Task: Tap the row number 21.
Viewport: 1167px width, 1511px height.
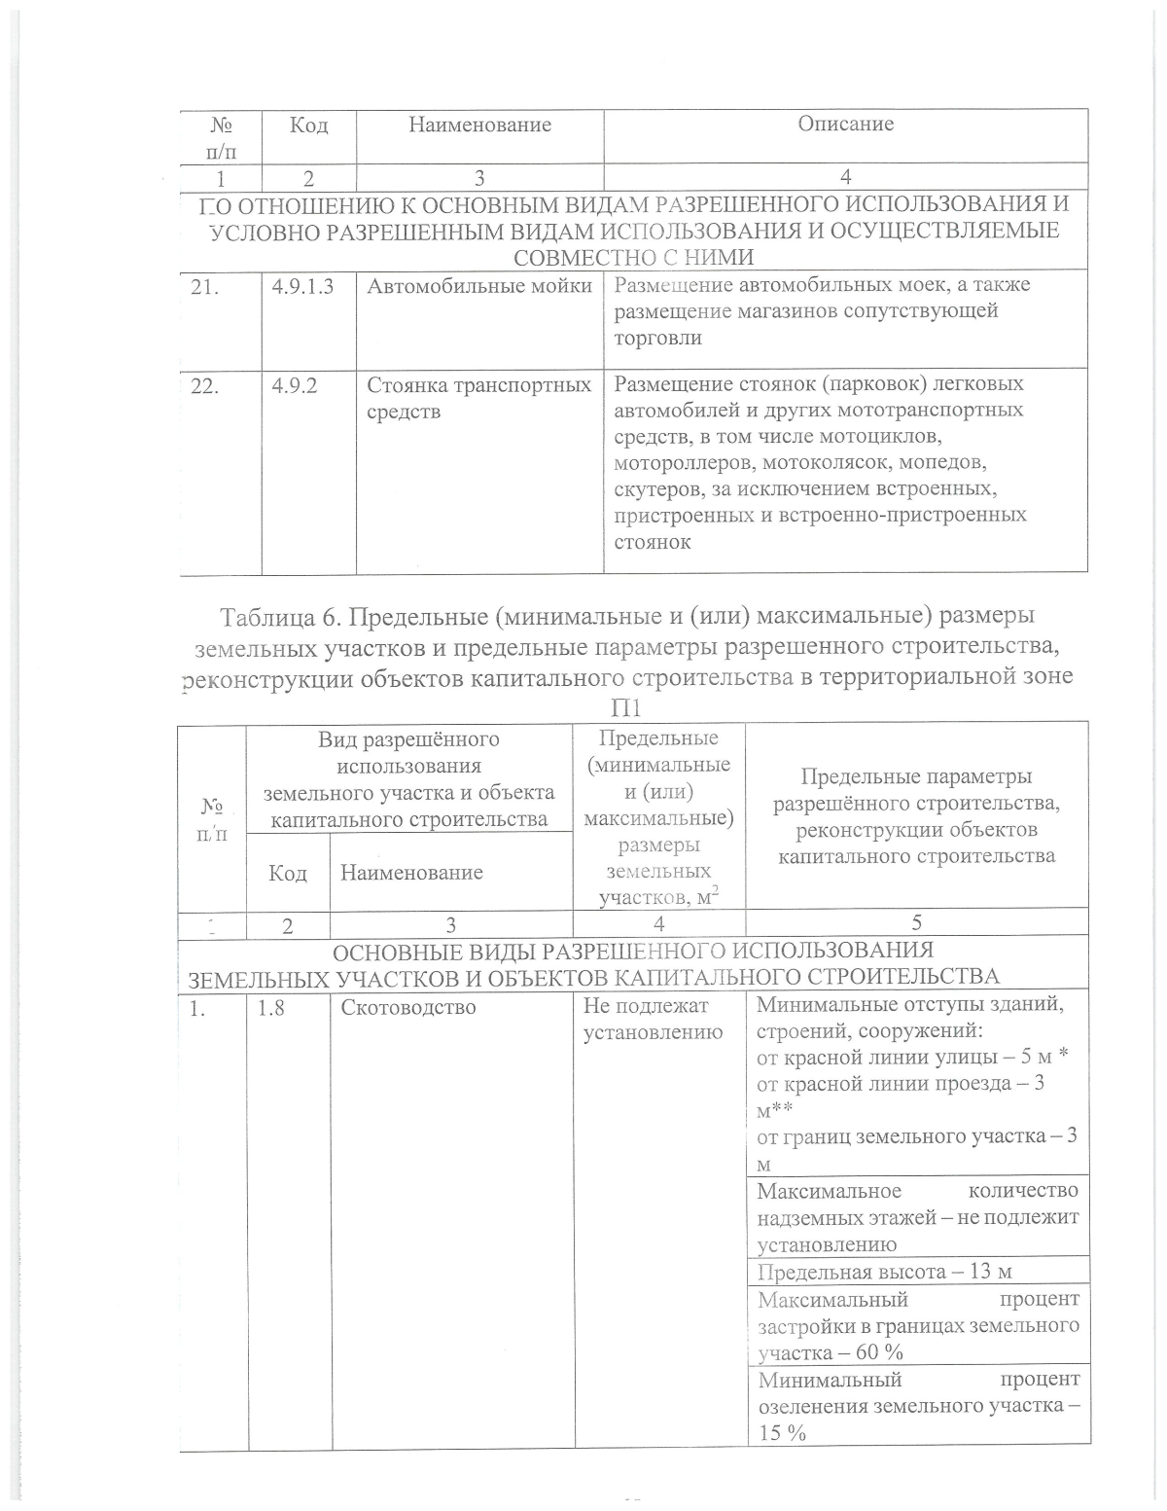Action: point(204,287)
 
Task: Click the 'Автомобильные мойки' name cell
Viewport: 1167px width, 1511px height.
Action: point(479,286)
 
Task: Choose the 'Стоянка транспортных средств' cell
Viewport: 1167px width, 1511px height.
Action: point(478,398)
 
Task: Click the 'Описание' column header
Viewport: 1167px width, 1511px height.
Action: point(845,124)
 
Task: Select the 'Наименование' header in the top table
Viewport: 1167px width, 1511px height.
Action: point(479,125)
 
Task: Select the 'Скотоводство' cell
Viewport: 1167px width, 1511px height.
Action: point(408,1007)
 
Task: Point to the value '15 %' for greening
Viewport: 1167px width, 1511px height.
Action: point(782,1432)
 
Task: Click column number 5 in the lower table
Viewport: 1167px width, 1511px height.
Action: point(915,922)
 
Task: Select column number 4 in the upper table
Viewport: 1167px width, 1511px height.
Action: point(845,177)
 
